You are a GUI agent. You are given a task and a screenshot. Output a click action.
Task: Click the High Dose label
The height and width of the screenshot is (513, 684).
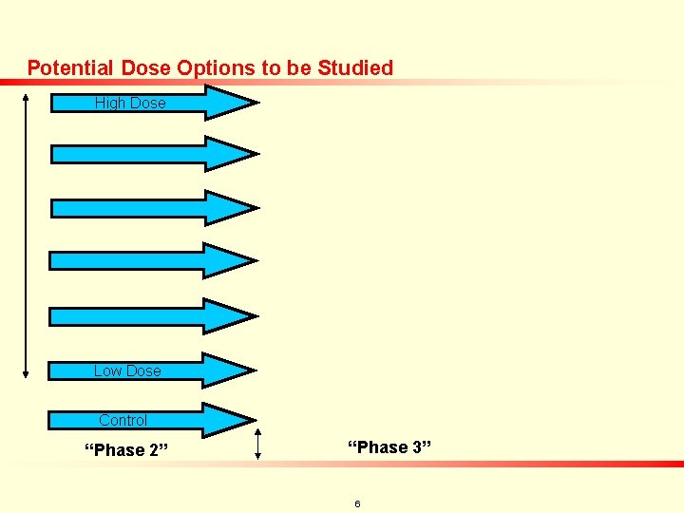(x=130, y=103)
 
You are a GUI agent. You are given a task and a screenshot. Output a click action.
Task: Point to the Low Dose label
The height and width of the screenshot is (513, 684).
(x=127, y=370)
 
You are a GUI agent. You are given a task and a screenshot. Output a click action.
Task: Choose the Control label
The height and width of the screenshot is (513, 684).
(x=123, y=420)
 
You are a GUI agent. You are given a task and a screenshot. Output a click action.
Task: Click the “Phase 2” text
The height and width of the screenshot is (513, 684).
(x=126, y=450)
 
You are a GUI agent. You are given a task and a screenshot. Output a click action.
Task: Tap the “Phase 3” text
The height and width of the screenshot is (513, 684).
(x=389, y=446)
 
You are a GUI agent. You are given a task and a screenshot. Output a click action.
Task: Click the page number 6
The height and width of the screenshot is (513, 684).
(x=357, y=503)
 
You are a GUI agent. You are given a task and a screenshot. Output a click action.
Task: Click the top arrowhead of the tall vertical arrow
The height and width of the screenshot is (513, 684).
(x=25, y=95)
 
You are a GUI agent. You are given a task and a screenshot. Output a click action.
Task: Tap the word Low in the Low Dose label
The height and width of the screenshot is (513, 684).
(x=107, y=370)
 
